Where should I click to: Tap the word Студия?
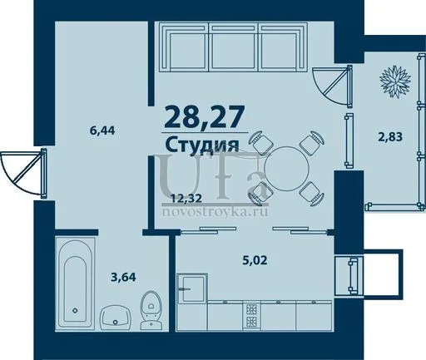click(x=202, y=144)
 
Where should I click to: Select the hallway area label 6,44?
click(x=102, y=131)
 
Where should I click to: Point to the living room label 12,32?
click(x=186, y=198)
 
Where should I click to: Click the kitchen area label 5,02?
click(x=255, y=260)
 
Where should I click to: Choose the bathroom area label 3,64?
click(x=123, y=277)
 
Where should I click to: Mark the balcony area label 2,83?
click(x=390, y=136)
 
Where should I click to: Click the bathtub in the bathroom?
click(x=75, y=284)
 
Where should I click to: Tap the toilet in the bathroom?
click(x=151, y=310)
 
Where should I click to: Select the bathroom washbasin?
click(x=115, y=317)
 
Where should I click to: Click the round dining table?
click(x=286, y=169)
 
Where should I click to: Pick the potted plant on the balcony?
click(x=395, y=81)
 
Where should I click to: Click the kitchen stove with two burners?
click(x=252, y=315)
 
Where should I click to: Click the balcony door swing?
click(x=332, y=86)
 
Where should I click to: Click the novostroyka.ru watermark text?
click(x=215, y=212)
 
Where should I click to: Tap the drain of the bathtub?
click(x=75, y=310)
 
